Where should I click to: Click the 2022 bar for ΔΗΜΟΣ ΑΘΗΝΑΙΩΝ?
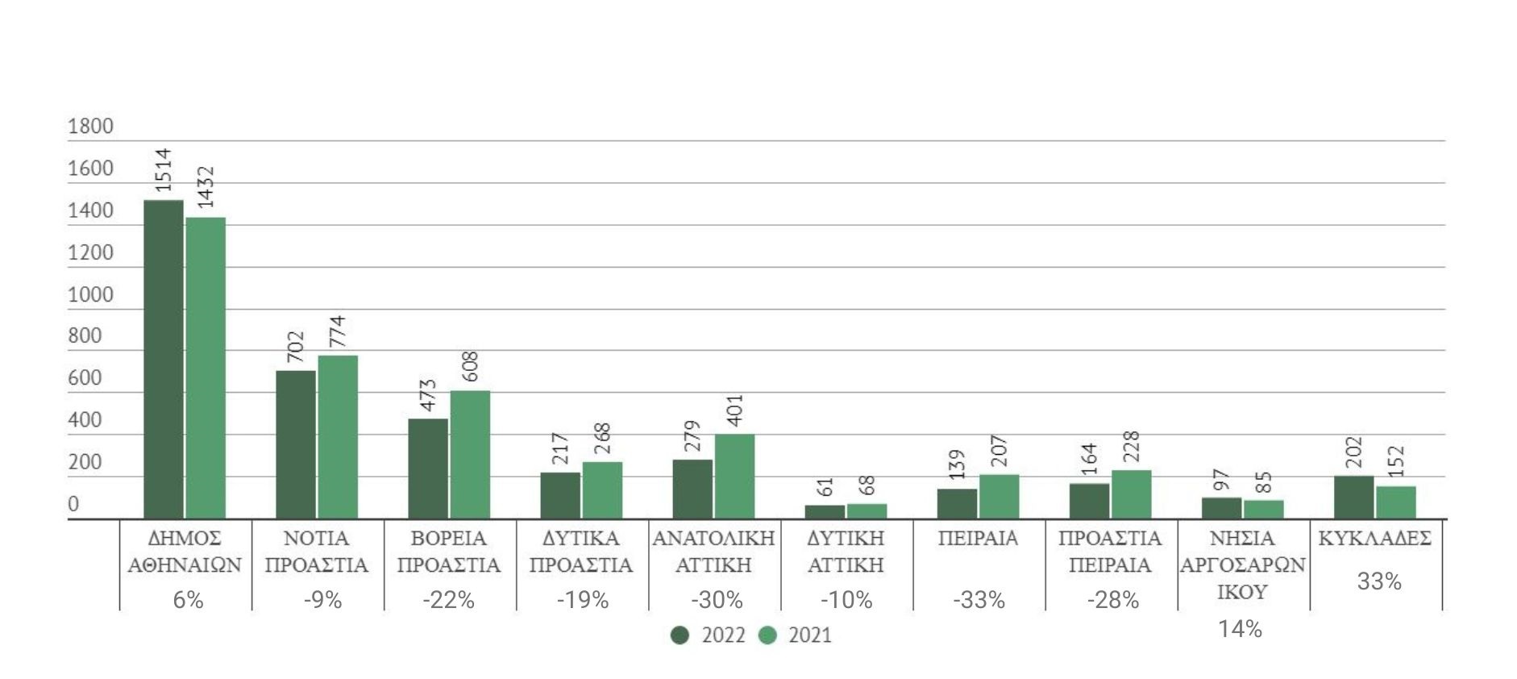click(x=164, y=359)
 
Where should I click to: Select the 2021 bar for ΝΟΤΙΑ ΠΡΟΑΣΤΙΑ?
click(x=338, y=436)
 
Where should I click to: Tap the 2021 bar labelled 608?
click(x=470, y=454)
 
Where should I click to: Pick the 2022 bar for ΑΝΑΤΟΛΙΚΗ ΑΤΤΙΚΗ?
click(x=692, y=489)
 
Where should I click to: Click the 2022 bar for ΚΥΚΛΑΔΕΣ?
click(x=1353, y=497)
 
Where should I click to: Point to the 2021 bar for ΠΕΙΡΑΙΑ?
click(x=999, y=496)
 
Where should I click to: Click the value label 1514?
click(x=163, y=170)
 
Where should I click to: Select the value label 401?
click(x=734, y=410)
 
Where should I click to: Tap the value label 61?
click(x=825, y=487)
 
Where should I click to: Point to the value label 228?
click(x=1131, y=447)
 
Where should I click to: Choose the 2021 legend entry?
click(x=796, y=635)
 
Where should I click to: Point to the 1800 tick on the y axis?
click(x=90, y=127)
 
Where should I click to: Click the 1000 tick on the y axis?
click(x=90, y=294)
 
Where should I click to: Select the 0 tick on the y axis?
click(x=73, y=505)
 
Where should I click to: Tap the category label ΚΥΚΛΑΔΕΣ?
click(x=1374, y=539)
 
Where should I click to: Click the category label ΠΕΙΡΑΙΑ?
click(x=978, y=539)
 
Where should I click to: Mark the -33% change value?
click(x=979, y=600)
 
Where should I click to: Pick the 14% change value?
click(x=1240, y=629)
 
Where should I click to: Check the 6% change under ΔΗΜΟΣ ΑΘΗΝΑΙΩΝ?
click(x=188, y=600)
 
